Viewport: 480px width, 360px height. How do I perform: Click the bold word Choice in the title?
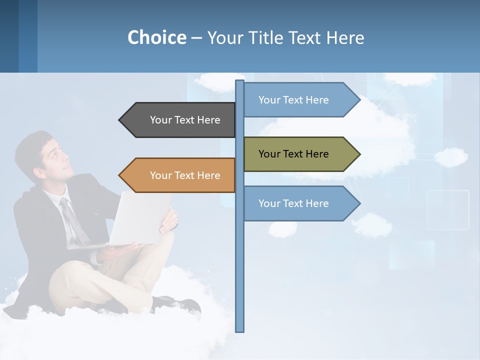(156, 37)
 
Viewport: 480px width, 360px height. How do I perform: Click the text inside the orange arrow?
(185, 175)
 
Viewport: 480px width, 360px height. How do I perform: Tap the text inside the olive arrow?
(293, 154)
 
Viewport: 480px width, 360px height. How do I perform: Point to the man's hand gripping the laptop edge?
(169, 220)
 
